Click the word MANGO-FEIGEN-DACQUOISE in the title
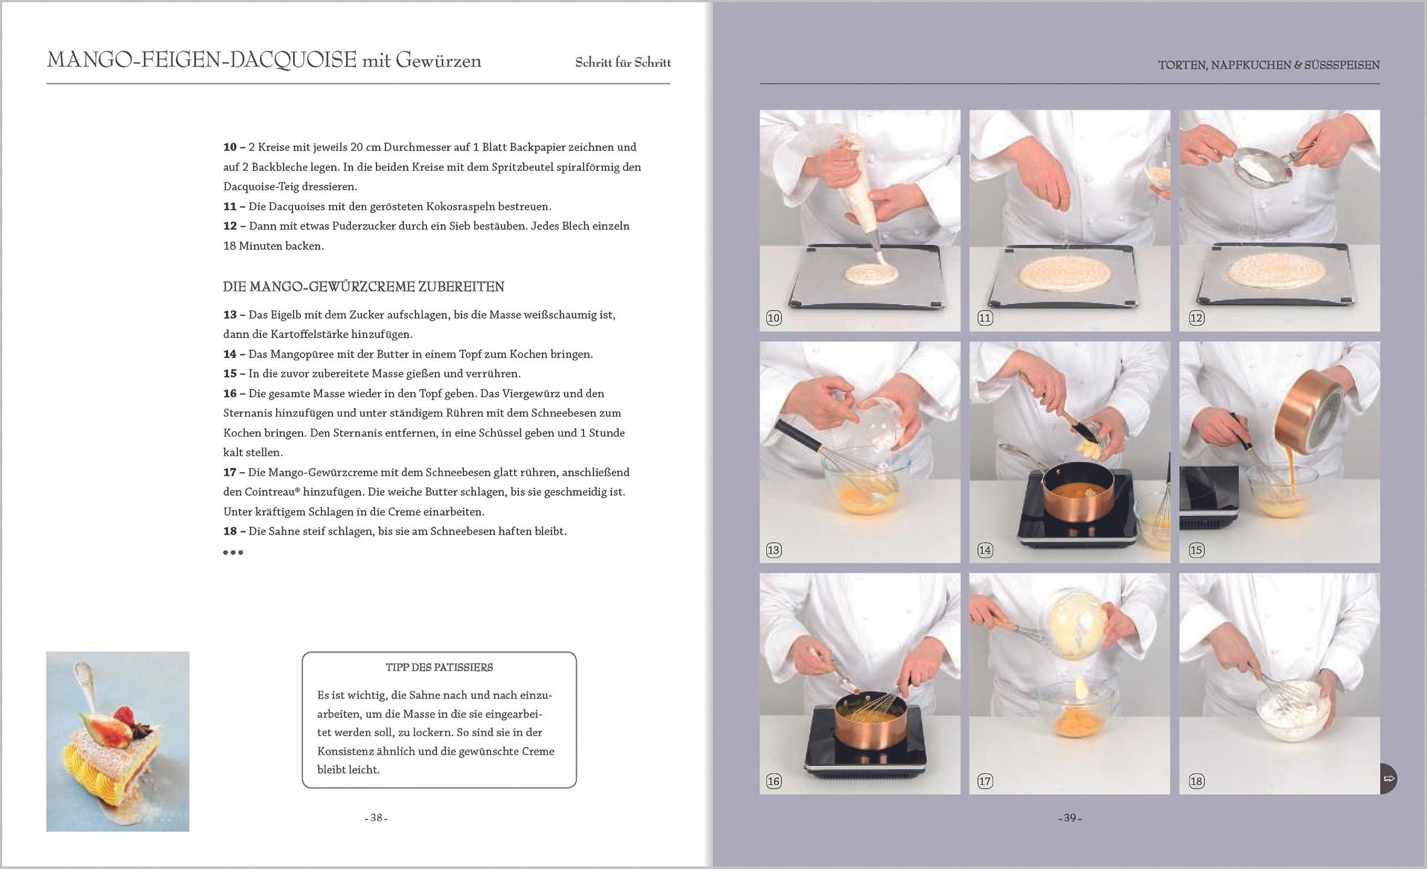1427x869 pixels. pyautogui.click(x=202, y=60)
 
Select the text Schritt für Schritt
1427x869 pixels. pyautogui.click(x=623, y=63)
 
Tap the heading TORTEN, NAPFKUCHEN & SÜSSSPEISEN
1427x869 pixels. pyautogui.click(x=1269, y=65)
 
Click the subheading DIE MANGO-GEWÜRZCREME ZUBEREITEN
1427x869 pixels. pyautogui.click(x=364, y=287)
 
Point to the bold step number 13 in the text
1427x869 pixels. pyautogui.click(x=230, y=315)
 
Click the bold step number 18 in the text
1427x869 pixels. pyautogui.click(x=230, y=531)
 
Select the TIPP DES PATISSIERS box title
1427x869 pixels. pyautogui.click(x=439, y=667)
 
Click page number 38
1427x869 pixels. pyautogui.click(x=376, y=818)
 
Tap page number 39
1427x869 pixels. pyautogui.click(x=1070, y=818)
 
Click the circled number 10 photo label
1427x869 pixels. pyautogui.click(x=774, y=318)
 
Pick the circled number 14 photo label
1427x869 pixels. pyautogui.click(x=985, y=550)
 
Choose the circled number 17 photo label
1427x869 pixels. pyautogui.click(x=985, y=781)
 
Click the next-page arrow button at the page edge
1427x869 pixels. pyautogui.click(x=1388, y=778)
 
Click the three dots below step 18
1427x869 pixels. pyautogui.click(x=233, y=552)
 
